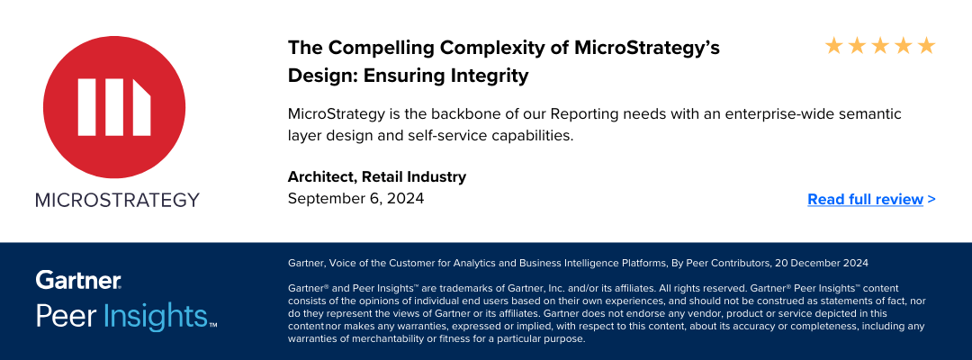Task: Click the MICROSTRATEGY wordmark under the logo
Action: [x=117, y=200]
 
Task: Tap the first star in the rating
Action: [x=833, y=45]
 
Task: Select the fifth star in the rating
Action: [x=927, y=45]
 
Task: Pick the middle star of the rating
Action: [x=880, y=45]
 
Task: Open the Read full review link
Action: [x=865, y=199]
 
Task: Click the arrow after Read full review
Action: [x=931, y=199]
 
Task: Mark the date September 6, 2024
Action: [x=355, y=198]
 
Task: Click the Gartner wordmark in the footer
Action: [x=78, y=280]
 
